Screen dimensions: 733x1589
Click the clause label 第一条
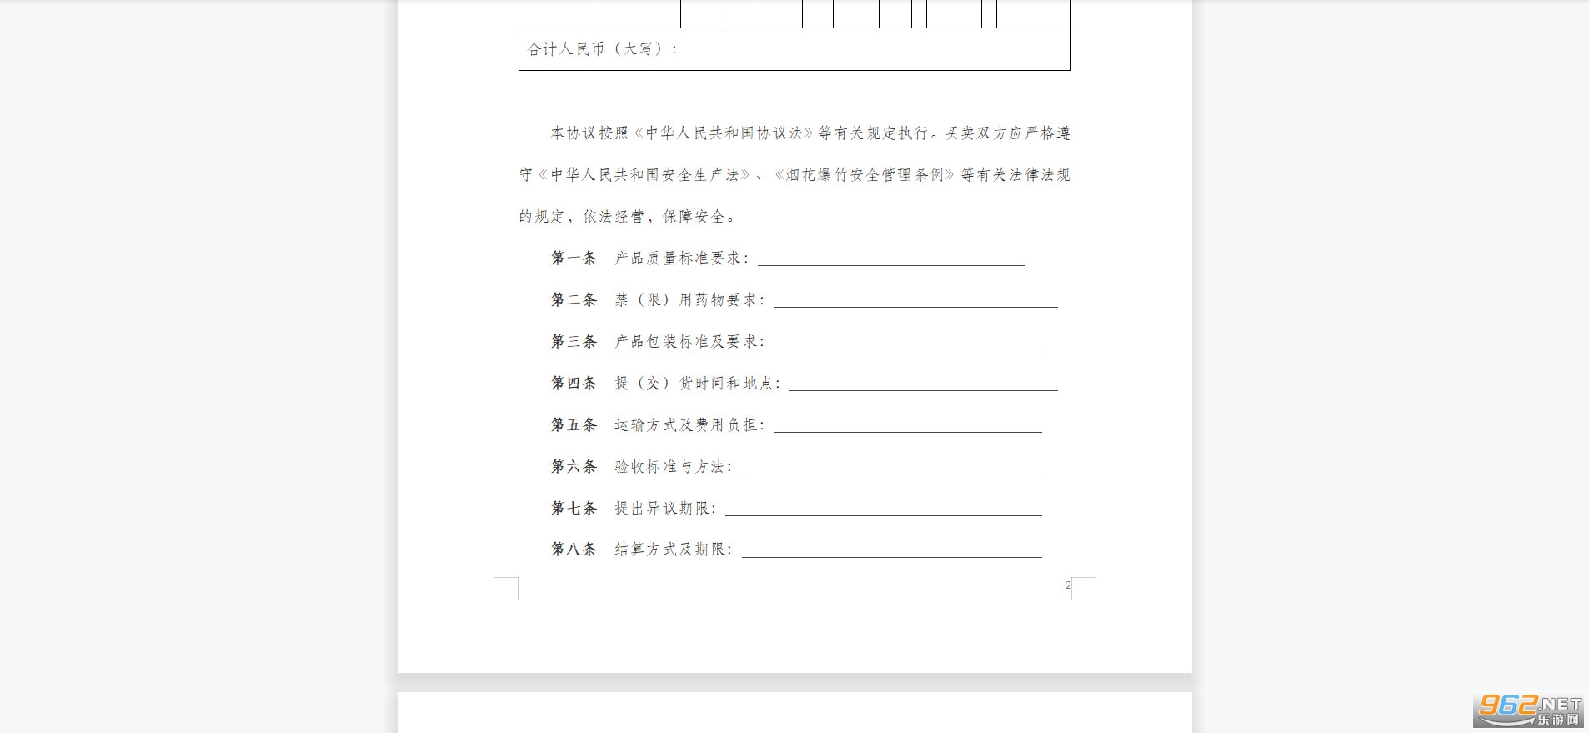pos(574,259)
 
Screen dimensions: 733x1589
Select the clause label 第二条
pos(574,300)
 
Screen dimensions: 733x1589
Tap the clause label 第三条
pos(574,342)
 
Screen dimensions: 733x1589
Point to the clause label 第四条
pos(574,384)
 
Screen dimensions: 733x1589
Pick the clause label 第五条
pos(574,425)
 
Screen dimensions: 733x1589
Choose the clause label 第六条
pos(574,467)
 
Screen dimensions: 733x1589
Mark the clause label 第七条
pos(574,509)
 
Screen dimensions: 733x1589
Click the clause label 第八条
pos(574,550)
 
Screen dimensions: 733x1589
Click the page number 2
pos(1068,585)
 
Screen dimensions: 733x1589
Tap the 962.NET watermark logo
pos(1530,710)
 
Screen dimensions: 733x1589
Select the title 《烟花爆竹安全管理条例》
pos(863,175)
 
